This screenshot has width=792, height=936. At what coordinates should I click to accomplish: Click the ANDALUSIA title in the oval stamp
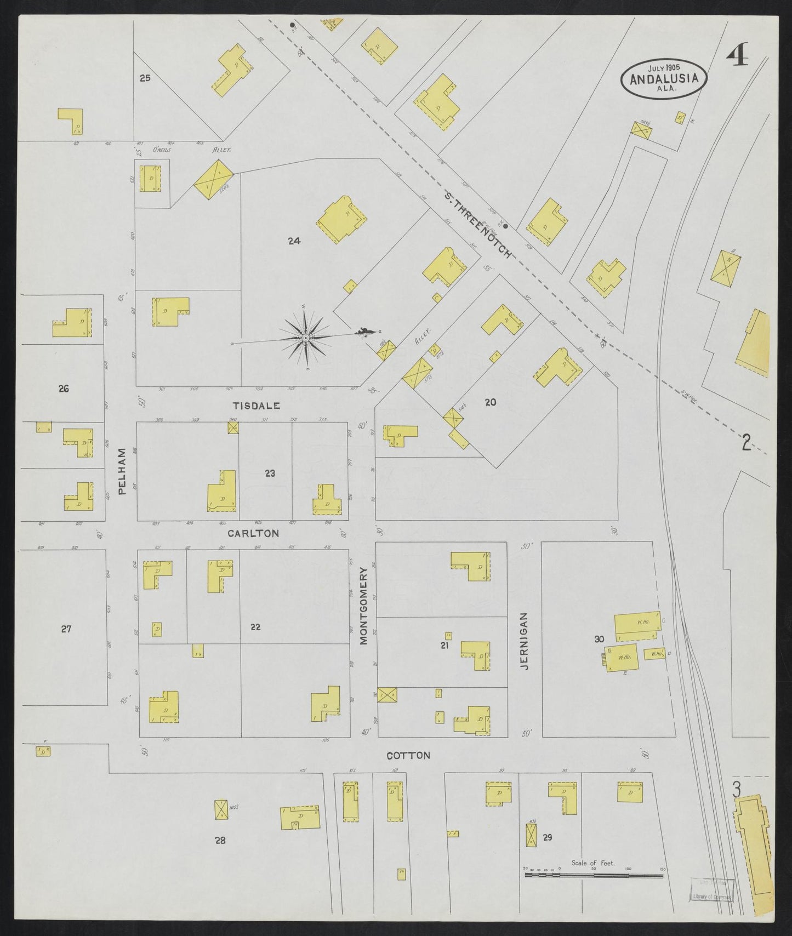[x=664, y=78]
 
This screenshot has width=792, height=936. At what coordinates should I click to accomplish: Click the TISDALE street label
[x=257, y=406]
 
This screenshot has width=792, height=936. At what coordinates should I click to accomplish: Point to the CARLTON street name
[x=253, y=533]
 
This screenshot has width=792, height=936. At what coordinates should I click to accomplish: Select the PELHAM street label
[x=122, y=471]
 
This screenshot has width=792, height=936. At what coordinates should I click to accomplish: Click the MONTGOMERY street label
[x=363, y=605]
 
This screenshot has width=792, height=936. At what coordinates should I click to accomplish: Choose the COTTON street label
[x=408, y=755]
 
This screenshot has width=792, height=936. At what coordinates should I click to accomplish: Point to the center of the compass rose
[x=305, y=338]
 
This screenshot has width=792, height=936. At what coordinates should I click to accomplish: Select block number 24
[x=294, y=240]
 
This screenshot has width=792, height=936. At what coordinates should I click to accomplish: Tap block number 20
[x=491, y=402]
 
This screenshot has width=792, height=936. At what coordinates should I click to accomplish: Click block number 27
[x=66, y=629]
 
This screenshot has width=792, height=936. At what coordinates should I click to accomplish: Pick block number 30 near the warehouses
[x=599, y=639]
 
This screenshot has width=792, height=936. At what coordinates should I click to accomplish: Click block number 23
[x=270, y=473]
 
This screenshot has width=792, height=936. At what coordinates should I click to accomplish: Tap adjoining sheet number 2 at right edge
[x=745, y=442]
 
